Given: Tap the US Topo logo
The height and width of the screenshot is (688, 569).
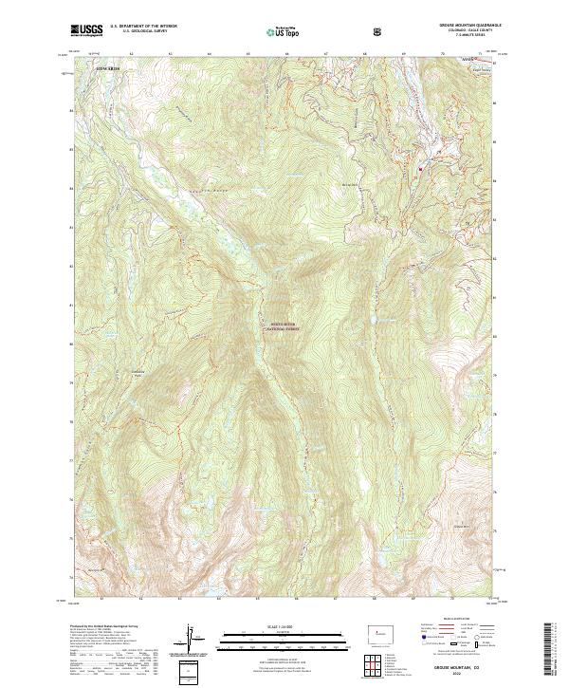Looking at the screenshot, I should [282, 31].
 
